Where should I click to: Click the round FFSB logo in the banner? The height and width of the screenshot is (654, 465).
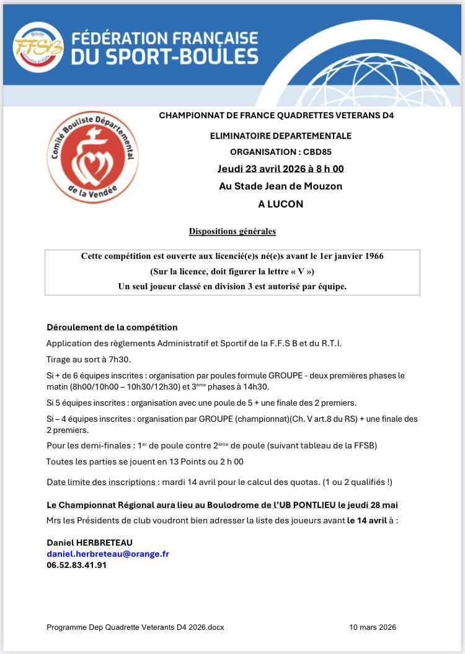tap(37, 47)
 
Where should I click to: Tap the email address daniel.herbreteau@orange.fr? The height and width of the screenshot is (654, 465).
tap(108, 554)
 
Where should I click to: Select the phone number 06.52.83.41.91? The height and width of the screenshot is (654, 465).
tap(77, 565)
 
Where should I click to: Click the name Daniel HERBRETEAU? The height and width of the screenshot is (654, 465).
tap(90, 543)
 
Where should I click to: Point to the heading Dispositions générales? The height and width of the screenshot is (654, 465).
tap(232, 232)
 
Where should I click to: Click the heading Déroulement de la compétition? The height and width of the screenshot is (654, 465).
tap(112, 327)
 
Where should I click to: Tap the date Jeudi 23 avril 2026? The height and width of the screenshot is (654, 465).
tap(263, 168)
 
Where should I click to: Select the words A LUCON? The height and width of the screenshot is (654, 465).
tap(281, 203)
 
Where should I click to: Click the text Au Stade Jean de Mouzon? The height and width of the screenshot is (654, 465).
tap(281, 186)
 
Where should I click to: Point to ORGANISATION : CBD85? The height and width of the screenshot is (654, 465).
tap(281, 151)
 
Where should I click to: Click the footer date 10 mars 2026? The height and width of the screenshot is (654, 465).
tap(373, 627)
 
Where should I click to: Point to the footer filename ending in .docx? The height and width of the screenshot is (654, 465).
tap(135, 627)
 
